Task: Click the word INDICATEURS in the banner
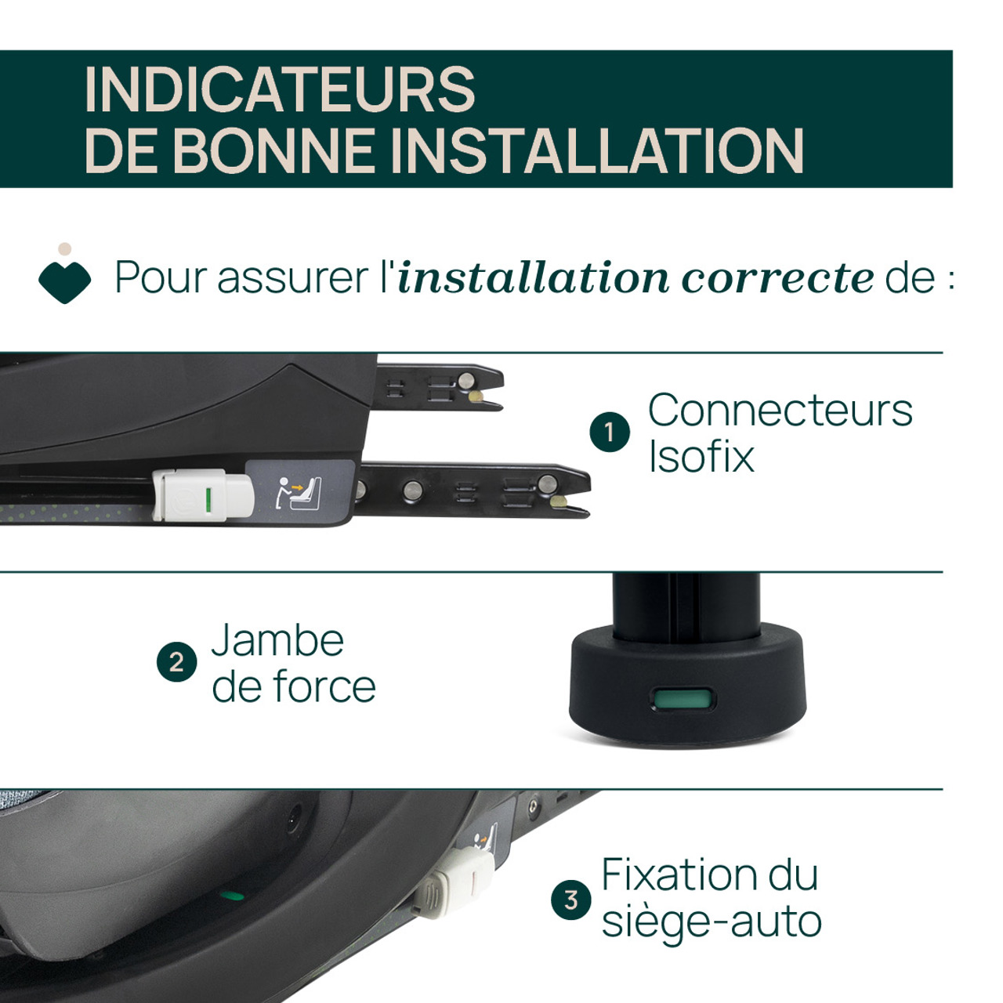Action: click(280, 89)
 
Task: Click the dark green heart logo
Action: click(64, 282)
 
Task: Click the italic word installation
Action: click(534, 277)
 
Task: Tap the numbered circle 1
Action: click(610, 432)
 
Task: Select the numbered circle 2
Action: click(176, 661)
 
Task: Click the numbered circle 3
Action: click(571, 900)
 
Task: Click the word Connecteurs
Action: click(780, 411)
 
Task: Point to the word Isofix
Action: click(701, 457)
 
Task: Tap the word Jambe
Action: click(278, 640)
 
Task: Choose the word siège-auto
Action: click(712, 925)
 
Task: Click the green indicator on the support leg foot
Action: click(682, 700)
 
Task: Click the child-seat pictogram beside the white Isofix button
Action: click(298, 492)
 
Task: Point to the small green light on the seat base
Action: click(232, 896)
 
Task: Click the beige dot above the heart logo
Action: click(64, 249)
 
